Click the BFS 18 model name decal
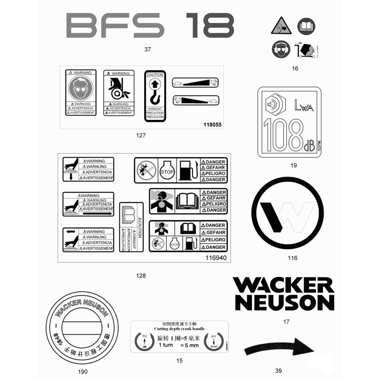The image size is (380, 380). coord(150,25)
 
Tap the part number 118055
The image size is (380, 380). coord(212,125)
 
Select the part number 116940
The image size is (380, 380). coord(216,258)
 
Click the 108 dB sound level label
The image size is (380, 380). coord(289,122)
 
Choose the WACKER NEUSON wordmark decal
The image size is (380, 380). coord(283,294)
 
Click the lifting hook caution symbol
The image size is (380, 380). coord(155,92)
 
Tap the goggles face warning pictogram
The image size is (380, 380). coord(80,89)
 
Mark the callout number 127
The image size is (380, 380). coord(140,135)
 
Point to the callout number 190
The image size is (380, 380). coord(82,372)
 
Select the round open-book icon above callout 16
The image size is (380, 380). coord(306,27)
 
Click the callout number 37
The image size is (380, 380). coord(148,49)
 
